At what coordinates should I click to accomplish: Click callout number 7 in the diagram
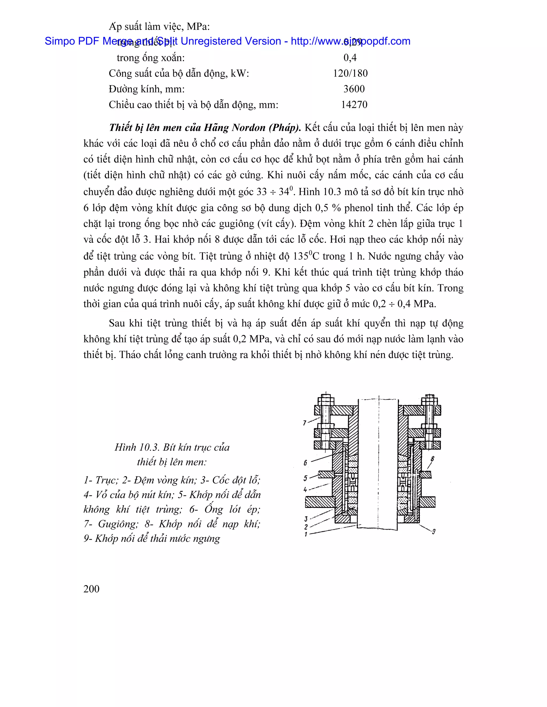tap(304, 423)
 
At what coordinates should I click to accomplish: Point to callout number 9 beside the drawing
tap(433, 531)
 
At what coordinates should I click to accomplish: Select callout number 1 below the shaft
tap(306, 534)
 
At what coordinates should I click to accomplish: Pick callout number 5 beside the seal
tap(305, 478)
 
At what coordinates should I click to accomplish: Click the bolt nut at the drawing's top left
tap(326, 398)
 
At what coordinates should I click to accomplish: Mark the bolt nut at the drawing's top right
tap(429, 398)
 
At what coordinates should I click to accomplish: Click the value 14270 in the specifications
tap(354, 105)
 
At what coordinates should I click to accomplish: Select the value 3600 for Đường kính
tap(354, 89)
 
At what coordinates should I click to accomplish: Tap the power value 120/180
tap(350, 73)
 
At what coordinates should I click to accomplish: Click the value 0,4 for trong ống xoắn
tap(350, 58)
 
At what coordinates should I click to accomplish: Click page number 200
tap(91, 589)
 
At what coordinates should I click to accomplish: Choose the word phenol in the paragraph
tap(360, 208)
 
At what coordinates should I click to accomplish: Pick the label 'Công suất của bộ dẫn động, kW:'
tap(179, 73)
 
